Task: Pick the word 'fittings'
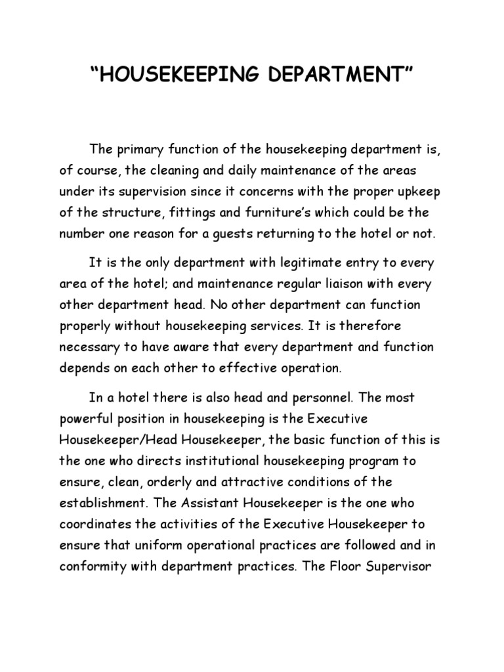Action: pos(178,213)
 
